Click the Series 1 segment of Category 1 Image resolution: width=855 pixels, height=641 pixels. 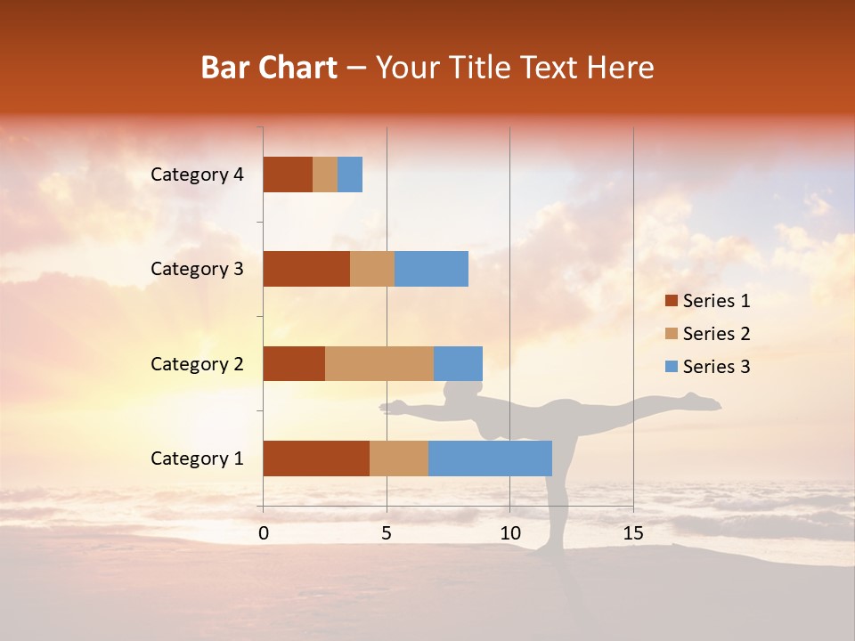(x=316, y=458)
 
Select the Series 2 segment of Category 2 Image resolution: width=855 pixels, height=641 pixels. (x=379, y=363)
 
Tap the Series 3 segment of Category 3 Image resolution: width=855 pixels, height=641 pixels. (x=431, y=269)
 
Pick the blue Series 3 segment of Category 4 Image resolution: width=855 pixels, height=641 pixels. (x=350, y=174)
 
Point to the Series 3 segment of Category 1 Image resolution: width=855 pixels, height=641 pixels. (x=490, y=458)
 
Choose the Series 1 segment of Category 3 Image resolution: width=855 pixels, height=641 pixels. (x=306, y=269)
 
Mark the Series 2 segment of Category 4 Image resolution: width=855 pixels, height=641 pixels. (x=325, y=174)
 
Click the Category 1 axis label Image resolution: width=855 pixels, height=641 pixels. (x=197, y=458)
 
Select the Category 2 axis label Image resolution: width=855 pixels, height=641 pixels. (x=197, y=363)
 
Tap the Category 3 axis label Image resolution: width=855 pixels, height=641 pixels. (x=197, y=269)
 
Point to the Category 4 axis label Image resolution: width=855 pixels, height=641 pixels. (x=197, y=174)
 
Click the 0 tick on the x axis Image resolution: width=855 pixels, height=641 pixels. (x=264, y=533)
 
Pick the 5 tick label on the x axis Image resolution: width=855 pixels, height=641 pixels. (x=387, y=533)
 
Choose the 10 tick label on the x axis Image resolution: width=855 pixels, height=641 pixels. (x=509, y=533)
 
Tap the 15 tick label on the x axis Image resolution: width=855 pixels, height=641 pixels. (x=633, y=533)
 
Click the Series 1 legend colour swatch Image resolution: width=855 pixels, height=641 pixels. (x=671, y=301)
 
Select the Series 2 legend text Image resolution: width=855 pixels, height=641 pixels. (x=716, y=334)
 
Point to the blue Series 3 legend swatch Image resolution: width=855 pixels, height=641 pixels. (x=671, y=367)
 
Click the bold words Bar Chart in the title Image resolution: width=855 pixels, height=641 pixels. (x=269, y=68)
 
